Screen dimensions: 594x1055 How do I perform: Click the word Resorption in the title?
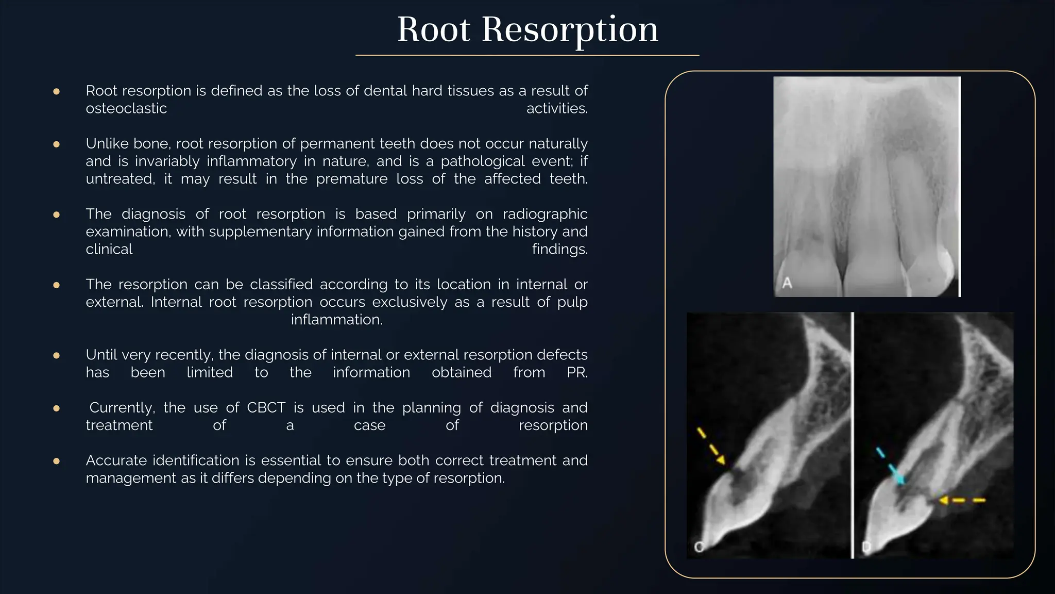coord(570,30)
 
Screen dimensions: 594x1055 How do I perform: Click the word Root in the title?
coord(433,30)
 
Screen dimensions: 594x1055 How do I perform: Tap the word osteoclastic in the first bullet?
coord(126,108)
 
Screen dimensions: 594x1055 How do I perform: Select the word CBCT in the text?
coord(266,407)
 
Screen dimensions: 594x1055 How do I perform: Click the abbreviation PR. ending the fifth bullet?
coord(577,372)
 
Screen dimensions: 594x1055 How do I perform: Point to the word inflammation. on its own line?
coord(336,320)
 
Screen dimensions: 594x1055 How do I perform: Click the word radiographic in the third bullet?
coord(544,214)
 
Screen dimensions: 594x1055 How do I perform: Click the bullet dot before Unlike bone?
coord(57,144)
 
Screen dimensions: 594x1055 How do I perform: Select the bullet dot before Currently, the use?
coord(57,408)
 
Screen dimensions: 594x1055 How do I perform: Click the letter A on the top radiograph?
coord(787,283)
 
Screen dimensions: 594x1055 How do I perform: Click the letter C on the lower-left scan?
coord(699,547)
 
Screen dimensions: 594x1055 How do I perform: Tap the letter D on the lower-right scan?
coord(866,547)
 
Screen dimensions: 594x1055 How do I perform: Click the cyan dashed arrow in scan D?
coord(890,466)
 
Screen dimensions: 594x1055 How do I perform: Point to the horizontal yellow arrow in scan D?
coord(961,500)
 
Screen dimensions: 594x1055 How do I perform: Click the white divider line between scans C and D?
coord(853,435)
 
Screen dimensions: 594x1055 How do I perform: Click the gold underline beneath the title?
coord(527,55)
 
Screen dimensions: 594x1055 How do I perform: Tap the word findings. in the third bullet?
coord(559,250)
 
